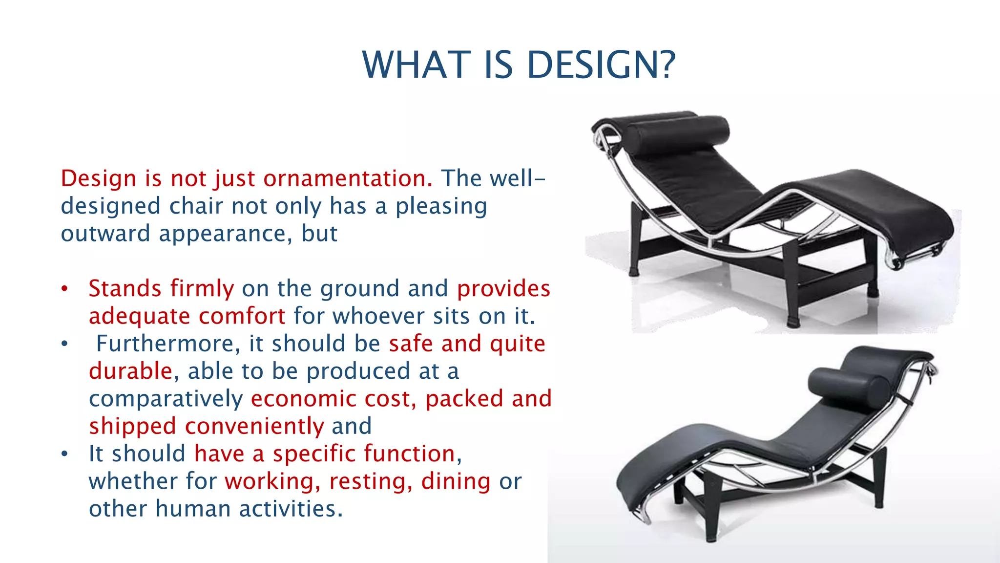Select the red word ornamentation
[348, 178]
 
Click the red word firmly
[202, 289]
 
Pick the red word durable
[130, 371]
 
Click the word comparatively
[166, 399]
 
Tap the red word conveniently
[254, 426]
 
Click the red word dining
[456, 481]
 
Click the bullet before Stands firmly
[64, 289]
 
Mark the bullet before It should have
[64, 454]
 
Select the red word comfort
[241, 316]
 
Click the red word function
[412, 454]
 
